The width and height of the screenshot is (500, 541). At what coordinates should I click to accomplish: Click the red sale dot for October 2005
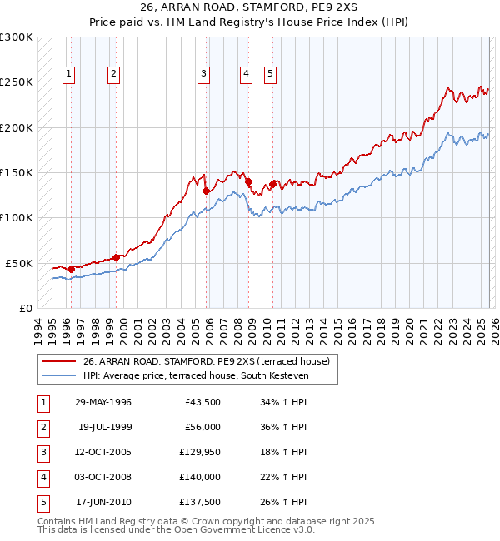pos(206,191)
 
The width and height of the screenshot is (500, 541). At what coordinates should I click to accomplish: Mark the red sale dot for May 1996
pos(72,269)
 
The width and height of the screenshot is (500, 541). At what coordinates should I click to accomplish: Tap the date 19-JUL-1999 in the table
pos(105,427)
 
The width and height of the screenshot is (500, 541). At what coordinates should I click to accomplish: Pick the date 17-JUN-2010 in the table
pos(105,503)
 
